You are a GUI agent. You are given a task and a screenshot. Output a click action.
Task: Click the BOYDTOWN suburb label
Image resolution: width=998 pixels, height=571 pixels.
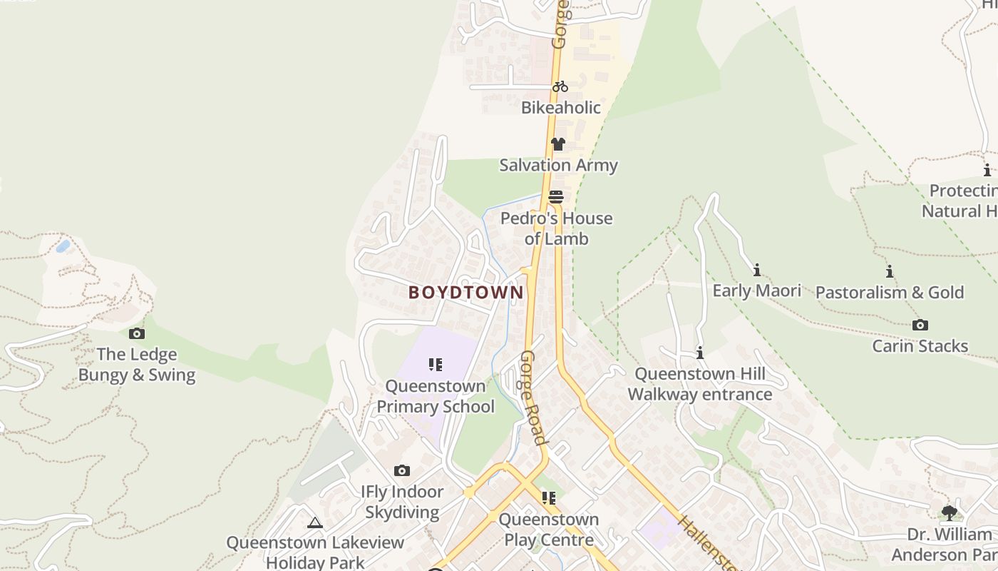[465, 292]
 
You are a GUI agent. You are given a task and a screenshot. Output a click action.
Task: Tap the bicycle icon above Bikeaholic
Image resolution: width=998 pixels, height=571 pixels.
[560, 86]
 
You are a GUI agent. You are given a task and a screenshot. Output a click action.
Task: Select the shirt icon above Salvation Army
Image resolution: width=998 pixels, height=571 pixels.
[557, 144]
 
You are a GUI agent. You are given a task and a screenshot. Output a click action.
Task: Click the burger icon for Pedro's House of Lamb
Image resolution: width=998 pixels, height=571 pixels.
[556, 197]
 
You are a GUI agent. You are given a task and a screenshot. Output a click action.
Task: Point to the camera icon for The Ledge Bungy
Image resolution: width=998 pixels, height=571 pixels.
[136, 333]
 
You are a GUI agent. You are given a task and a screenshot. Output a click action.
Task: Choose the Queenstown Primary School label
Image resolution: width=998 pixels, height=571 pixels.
[435, 396]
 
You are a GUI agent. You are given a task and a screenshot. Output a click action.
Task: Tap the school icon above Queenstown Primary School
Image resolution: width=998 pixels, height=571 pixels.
[435, 365]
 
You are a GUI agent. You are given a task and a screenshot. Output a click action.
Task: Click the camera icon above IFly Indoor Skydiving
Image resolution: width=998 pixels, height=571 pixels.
[402, 470]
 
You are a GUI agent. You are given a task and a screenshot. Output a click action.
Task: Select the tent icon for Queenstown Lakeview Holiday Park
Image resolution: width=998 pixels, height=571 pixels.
[315, 522]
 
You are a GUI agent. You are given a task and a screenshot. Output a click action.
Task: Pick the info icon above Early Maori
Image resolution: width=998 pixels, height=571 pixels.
[756, 270]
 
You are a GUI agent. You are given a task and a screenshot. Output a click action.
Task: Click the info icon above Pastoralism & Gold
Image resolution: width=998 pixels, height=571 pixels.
[889, 271]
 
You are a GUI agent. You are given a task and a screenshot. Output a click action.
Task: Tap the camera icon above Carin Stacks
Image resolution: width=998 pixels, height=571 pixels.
[920, 325]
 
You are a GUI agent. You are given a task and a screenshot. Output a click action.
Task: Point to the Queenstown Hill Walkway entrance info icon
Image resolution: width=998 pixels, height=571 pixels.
[700, 353]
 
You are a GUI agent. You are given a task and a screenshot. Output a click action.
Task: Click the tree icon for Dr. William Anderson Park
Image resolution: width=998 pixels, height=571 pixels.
[949, 512]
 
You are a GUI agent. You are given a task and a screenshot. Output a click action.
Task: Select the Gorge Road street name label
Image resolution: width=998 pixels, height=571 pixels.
[533, 397]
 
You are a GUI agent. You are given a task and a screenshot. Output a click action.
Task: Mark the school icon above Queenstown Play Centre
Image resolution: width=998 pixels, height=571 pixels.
[548, 497]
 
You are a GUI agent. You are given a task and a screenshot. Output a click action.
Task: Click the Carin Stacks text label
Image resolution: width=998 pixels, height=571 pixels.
[920, 346]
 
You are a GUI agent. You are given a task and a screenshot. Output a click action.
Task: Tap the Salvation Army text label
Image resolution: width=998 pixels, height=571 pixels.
[558, 165]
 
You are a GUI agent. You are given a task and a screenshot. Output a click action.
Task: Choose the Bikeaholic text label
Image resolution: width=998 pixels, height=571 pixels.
[560, 108]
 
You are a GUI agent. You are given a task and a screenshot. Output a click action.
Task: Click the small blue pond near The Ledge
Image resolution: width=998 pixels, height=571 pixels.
[63, 246]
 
